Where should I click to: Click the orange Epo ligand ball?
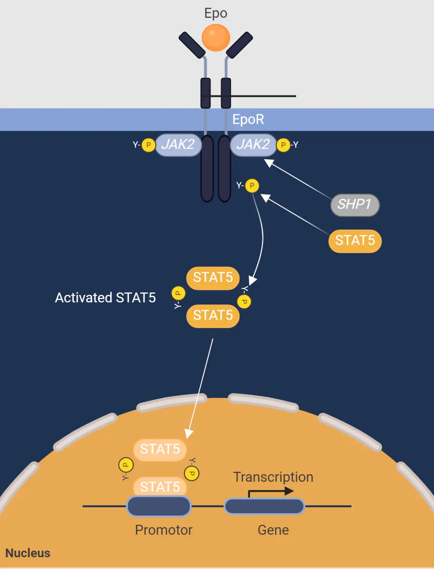point(216,38)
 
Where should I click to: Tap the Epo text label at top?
point(216,13)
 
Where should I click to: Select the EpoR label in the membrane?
point(248,119)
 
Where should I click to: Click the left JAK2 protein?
point(178,144)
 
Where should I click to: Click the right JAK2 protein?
point(253,144)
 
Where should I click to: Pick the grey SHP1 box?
point(355,204)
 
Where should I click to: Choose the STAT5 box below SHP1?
point(355,241)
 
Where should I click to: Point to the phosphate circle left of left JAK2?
point(148,145)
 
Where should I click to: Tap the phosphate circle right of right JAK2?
point(283,145)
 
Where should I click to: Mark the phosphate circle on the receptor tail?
point(252,186)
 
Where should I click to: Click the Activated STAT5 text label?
point(105,298)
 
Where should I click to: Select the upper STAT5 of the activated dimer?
point(213,278)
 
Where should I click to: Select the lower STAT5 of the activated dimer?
point(213,315)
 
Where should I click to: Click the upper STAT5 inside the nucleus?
point(160,449)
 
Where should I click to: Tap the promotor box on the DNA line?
point(159,506)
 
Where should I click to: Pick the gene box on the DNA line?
point(264,506)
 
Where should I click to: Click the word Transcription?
point(273,477)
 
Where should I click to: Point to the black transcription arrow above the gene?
point(271,492)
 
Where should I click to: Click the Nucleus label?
point(28,553)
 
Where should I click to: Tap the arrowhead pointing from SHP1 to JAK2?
point(269,163)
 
